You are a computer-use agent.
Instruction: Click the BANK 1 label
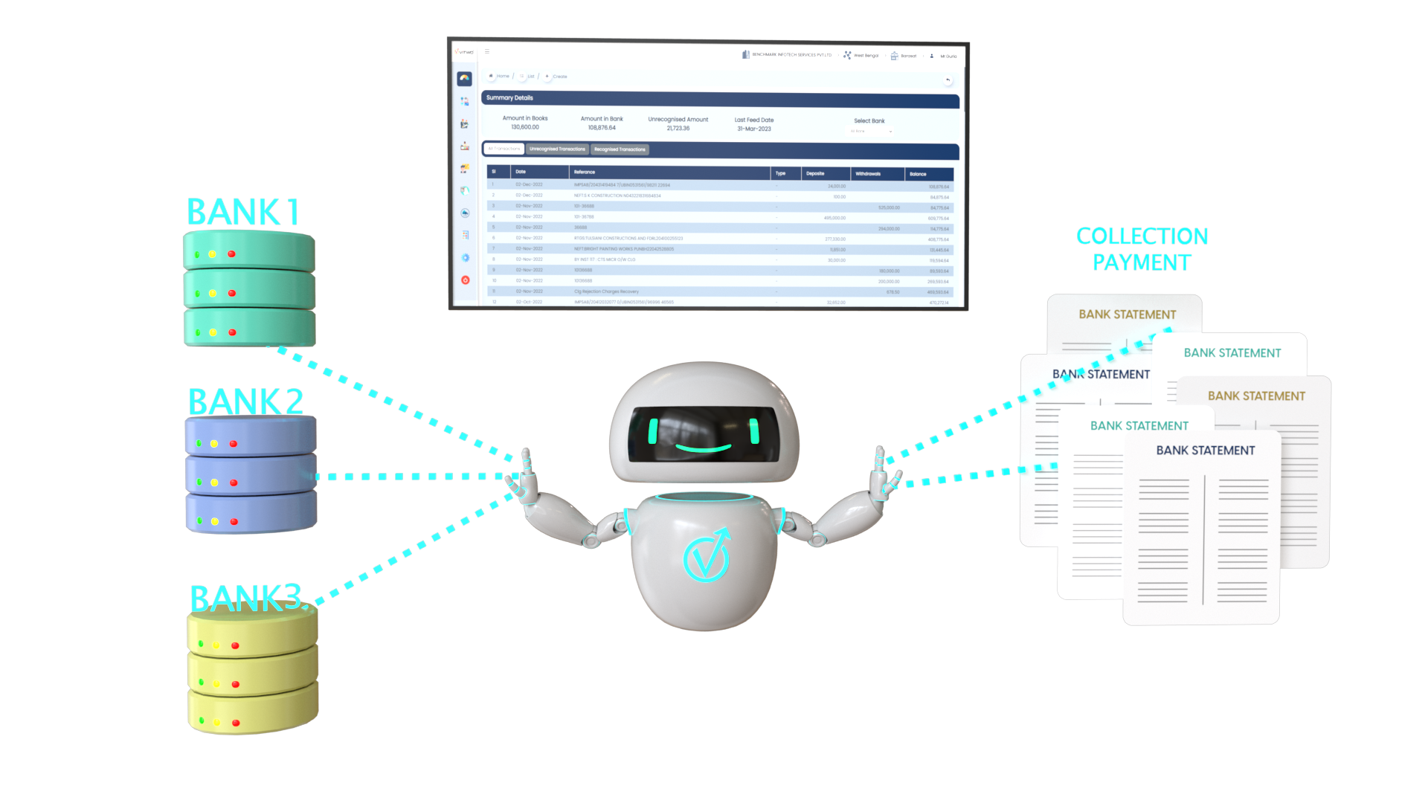click(242, 212)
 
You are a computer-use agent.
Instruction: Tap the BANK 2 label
click(245, 402)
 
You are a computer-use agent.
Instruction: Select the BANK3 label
click(246, 599)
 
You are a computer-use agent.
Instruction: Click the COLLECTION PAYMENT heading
click(1142, 249)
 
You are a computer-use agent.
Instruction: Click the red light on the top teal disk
click(232, 254)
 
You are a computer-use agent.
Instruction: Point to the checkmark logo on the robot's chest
click(706, 556)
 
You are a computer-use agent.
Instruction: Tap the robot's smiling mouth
click(704, 448)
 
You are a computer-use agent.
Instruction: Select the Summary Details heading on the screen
click(509, 98)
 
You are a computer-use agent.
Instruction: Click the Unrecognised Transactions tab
click(557, 149)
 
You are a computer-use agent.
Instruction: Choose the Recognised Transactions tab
click(620, 149)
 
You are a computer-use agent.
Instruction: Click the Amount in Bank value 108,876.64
click(602, 128)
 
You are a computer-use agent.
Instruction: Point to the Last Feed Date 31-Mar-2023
click(754, 129)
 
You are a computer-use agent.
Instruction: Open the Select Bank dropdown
click(871, 131)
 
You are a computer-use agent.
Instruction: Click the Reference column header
click(585, 172)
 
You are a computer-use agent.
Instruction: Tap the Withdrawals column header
click(868, 174)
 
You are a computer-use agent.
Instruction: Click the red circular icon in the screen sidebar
click(466, 280)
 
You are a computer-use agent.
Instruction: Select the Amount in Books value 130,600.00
click(525, 127)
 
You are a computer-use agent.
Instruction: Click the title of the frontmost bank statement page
click(1205, 451)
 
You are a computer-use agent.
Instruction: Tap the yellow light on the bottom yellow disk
click(217, 722)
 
